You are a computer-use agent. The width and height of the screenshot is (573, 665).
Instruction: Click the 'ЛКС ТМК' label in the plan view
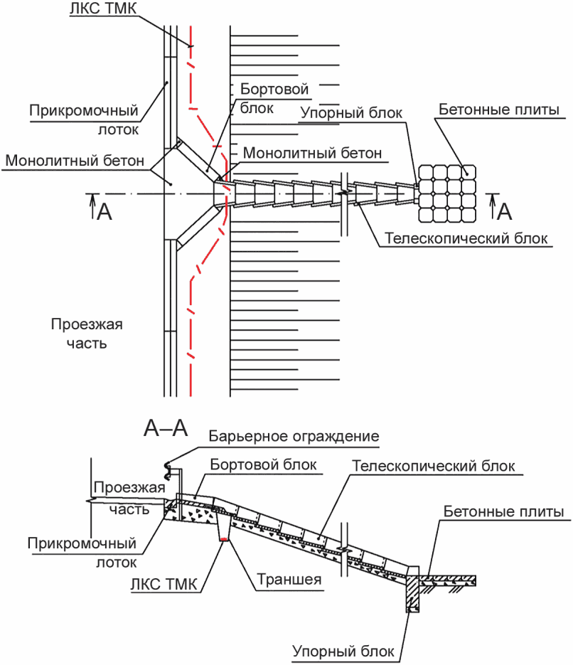103,9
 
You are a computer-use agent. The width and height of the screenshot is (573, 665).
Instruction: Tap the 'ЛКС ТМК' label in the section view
164,584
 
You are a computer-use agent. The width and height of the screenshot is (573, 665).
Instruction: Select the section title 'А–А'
166,428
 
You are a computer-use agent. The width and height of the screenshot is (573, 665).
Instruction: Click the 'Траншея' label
289,579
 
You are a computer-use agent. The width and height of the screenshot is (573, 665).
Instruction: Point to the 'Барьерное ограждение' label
294,436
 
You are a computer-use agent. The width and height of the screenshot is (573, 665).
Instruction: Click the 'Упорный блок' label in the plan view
351,113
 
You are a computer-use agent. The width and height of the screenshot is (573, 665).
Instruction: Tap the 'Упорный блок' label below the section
343,651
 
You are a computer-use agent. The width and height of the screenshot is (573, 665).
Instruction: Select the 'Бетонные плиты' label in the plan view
499,109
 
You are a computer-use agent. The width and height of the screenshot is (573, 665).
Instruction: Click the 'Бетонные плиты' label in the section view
503,511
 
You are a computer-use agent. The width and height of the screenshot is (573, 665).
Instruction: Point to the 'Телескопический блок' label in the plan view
466,238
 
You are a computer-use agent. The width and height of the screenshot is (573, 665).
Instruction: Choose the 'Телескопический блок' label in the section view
434,466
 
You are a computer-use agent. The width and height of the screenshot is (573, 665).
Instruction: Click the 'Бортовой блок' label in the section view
263,464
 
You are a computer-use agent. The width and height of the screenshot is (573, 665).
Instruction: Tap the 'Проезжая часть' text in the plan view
87,334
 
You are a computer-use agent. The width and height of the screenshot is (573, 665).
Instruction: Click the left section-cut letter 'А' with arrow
101,208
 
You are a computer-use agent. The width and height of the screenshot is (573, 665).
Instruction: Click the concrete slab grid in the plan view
447,194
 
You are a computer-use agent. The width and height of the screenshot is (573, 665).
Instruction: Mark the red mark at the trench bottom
224,539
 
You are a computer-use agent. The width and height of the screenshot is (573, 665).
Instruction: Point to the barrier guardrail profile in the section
168,470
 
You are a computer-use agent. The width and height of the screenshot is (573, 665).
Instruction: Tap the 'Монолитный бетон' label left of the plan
75,160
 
